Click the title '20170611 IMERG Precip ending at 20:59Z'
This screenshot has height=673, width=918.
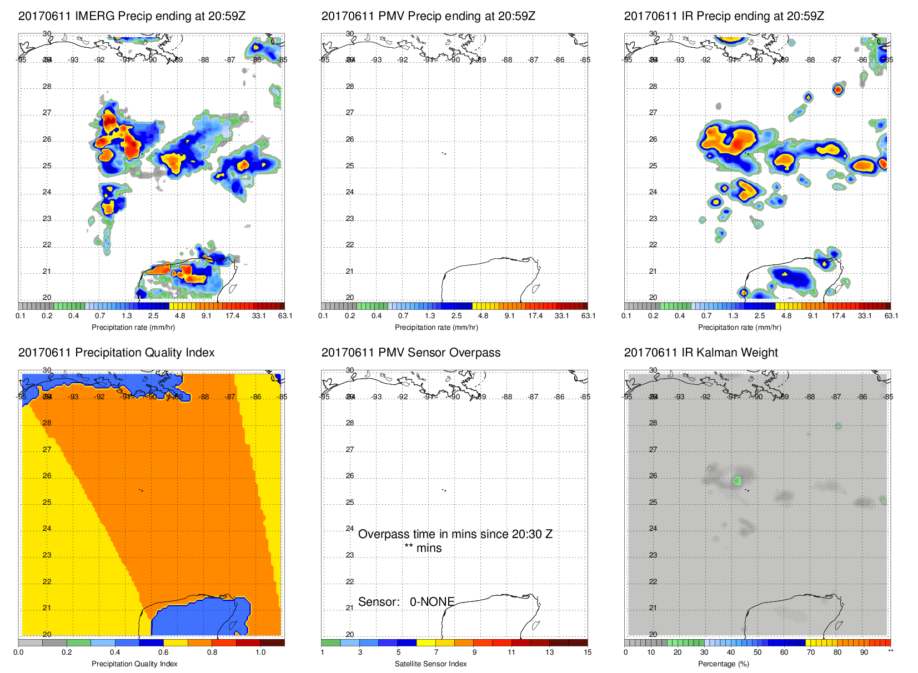tap(132, 16)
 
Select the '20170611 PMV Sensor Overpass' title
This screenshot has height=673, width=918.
tap(410, 353)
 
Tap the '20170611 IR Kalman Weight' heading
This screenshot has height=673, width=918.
tap(701, 353)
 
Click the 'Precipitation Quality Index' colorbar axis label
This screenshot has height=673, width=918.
tap(134, 664)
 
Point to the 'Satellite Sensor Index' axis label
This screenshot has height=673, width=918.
tap(430, 664)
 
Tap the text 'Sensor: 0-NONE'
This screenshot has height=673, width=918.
tap(406, 602)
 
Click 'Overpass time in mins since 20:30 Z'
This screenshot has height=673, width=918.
tap(455, 534)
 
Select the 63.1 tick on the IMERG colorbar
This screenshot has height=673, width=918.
tap(285, 316)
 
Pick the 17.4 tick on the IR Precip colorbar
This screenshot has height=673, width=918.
tap(838, 316)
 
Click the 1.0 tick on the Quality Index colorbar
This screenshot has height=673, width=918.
tap(260, 652)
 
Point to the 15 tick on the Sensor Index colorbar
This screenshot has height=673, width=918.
tap(588, 652)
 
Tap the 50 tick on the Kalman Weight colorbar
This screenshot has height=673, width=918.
tap(758, 652)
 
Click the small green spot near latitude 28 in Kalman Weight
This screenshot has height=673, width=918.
tap(838, 426)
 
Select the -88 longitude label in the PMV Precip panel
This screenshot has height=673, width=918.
tap(507, 60)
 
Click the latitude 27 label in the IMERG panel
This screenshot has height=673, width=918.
tap(47, 113)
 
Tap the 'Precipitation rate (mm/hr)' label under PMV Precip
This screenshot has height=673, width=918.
tap(436, 328)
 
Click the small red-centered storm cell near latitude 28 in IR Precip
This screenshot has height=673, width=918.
tap(838, 89)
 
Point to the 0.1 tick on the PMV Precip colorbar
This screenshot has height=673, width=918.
tap(323, 316)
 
